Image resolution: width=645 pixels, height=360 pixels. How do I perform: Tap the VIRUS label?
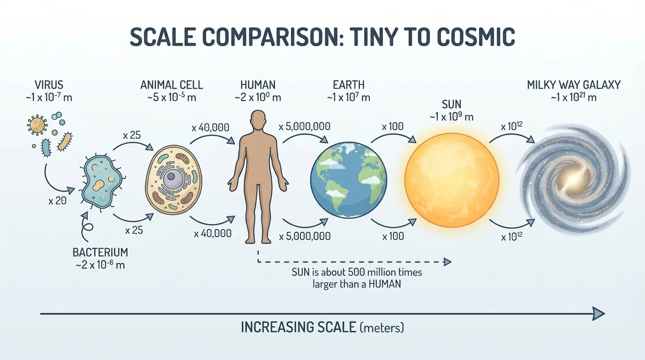pyautogui.click(x=49, y=85)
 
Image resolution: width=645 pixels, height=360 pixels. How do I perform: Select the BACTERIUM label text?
pyautogui.click(x=100, y=252)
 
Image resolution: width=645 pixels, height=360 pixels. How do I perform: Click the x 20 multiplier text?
pyautogui.click(x=57, y=201)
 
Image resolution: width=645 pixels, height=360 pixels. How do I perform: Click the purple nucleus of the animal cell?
pyautogui.click(x=171, y=177)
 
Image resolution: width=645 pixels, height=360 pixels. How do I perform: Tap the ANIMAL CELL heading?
pyautogui.click(x=172, y=85)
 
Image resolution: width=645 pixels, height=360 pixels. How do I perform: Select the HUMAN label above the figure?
pyautogui.click(x=258, y=85)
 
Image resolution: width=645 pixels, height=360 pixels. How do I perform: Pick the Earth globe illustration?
pyautogui.click(x=349, y=180)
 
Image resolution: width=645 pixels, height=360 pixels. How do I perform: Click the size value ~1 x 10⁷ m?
pyautogui.click(x=349, y=97)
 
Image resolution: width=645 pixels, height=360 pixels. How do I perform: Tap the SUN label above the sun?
pyautogui.click(x=452, y=104)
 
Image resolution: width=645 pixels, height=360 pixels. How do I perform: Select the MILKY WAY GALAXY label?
pyautogui.click(x=574, y=85)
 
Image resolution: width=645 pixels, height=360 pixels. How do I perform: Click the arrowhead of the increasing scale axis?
pyautogui.click(x=599, y=313)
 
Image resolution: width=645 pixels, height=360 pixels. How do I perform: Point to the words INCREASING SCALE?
pyautogui.click(x=298, y=327)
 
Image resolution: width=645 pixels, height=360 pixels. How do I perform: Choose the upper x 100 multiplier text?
pyautogui.click(x=393, y=127)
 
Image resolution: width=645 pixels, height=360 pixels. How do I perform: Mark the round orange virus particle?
pyautogui.click(x=37, y=125)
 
